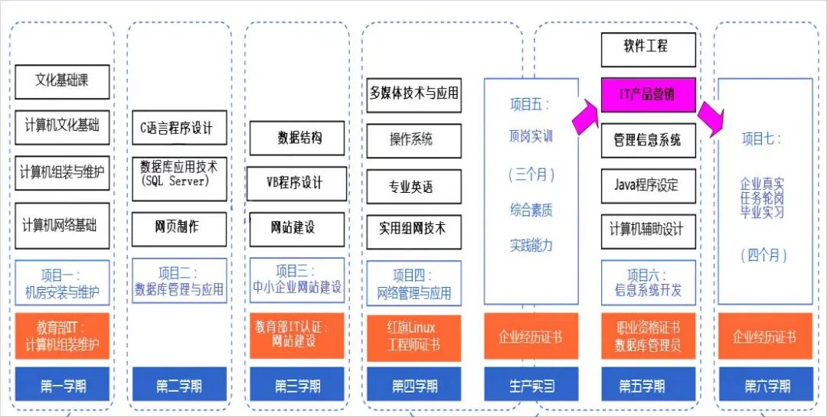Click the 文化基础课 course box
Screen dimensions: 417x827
pyautogui.click(x=62, y=81)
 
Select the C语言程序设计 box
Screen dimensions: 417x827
pyautogui.click(x=179, y=127)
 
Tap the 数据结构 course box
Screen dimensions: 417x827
pyautogui.click(x=298, y=138)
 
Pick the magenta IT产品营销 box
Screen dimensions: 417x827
pyautogui.click(x=648, y=95)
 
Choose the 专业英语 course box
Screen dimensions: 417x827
pyautogui.click(x=413, y=186)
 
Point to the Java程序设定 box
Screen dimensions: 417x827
pyautogui.click(x=648, y=185)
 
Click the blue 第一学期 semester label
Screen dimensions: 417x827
pyautogui.click(x=62, y=386)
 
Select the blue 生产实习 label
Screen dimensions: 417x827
pyautogui.click(x=531, y=386)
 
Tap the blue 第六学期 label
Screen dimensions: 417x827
pyautogui.click(x=765, y=386)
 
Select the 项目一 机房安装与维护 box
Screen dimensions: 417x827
pyautogui.click(x=62, y=283)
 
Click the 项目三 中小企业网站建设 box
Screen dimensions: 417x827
pyautogui.click(x=298, y=280)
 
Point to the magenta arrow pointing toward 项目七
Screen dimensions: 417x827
pyautogui.click(x=710, y=118)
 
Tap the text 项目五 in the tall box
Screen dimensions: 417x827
pyautogui.click(x=530, y=105)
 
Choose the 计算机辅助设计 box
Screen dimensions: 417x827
pyautogui.click(x=648, y=230)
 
